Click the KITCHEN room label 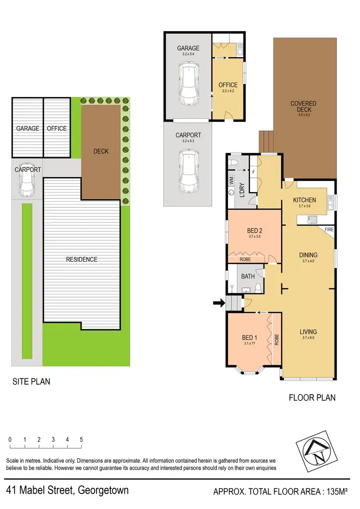pos(305,200)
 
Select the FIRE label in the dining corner pos(329,230)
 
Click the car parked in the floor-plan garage pos(188,85)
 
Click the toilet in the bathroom pos(258,288)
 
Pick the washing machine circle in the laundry pos(232,192)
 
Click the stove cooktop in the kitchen pos(312,220)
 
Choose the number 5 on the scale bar pos(82,439)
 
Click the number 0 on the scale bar pos(10,439)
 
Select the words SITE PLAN pos(31,382)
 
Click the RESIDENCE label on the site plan pos(82,259)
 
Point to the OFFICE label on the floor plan pos(228,85)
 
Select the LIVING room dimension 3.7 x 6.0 pos(308,339)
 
